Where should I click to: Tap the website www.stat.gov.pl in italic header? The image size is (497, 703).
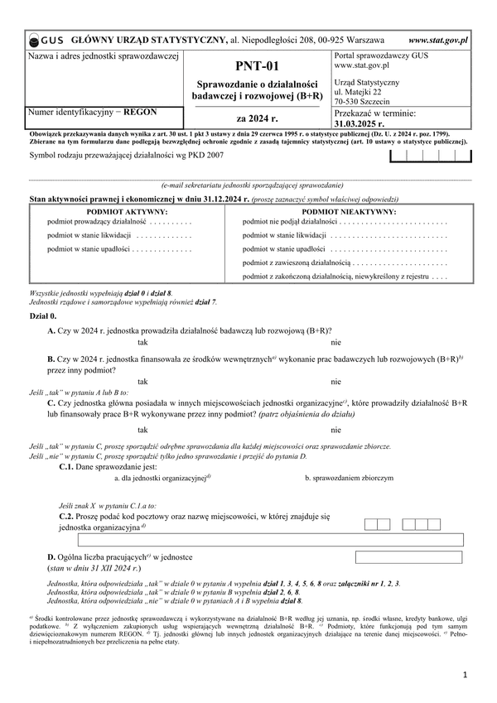(438, 39)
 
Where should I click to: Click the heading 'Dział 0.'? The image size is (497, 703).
(43, 316)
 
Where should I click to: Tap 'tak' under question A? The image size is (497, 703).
(143, 342)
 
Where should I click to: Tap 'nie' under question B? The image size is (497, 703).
(335, 382)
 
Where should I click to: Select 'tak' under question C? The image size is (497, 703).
(143, 430)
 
